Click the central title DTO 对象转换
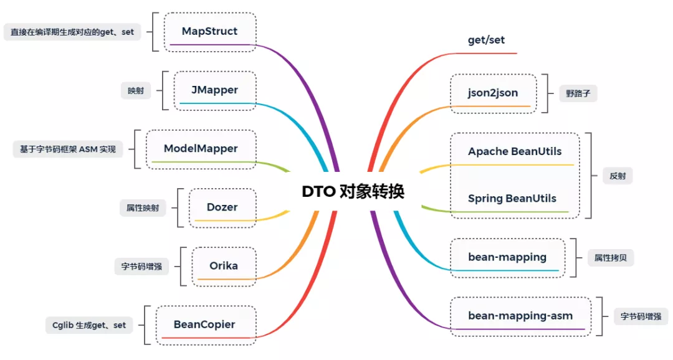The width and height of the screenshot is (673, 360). [353, 191]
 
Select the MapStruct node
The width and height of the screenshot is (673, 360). [209, 31]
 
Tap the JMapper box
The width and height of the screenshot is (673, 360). [214, 90]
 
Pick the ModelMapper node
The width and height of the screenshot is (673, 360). [201, 148]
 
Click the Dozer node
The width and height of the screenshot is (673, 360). [222, 207]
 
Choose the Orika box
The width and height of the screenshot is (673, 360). [223, 265]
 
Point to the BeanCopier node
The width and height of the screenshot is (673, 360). [204, 324]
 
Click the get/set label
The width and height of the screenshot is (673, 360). [486, 40]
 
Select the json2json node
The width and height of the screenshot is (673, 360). [493, 93]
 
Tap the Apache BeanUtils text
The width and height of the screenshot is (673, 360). [515, 151]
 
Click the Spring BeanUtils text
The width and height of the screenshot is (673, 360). [512, 199]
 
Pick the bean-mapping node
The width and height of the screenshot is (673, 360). [507, 257]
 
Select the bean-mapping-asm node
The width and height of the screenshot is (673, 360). [520, 316]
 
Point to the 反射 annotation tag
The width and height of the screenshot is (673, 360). [618, 176]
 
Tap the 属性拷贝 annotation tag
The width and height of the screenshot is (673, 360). [611, 257]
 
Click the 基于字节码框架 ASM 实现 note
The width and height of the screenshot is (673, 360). [64, 149]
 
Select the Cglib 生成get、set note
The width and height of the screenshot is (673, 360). [88, 324]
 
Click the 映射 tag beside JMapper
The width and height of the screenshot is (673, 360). [136, 90]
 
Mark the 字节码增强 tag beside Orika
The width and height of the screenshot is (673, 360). [141, 266]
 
